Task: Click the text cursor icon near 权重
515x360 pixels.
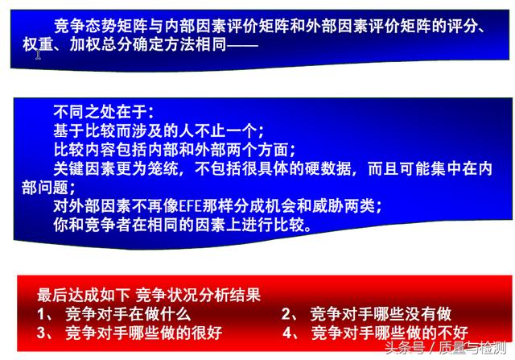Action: (38, 55)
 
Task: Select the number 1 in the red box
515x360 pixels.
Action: (41, 314)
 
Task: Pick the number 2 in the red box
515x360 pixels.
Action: (286, 314)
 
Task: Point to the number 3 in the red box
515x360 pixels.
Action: (41, 333)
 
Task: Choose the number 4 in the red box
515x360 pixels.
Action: (287, 333)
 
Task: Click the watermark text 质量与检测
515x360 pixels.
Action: (472, 348)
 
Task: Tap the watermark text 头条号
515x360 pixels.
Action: (405, 348)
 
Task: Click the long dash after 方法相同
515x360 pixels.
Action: (243, 45)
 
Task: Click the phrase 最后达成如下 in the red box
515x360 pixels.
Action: (84, 295)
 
